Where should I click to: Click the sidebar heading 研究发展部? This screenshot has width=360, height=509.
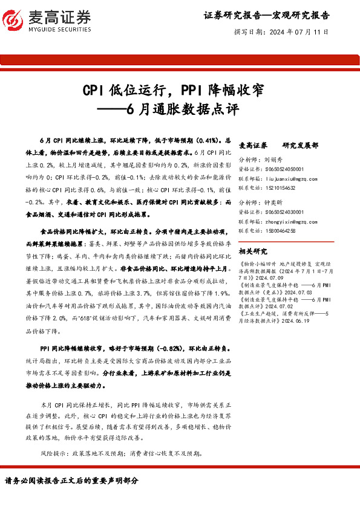(x=300, y=146)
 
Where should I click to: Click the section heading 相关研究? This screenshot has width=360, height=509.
(x=253, y=250)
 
